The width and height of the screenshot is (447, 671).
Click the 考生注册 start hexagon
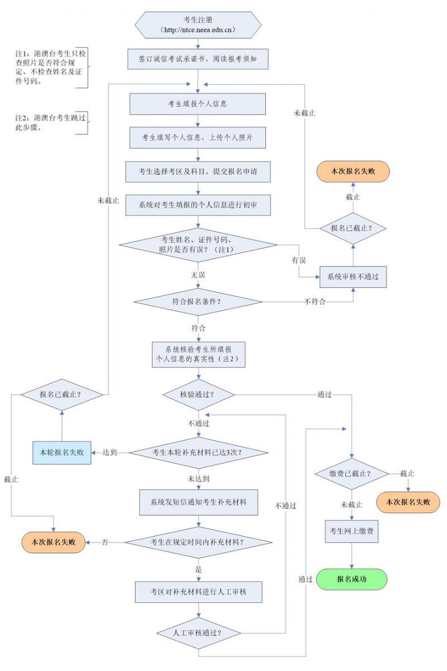[198, 25]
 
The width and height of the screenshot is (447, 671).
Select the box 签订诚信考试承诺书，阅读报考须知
[197, 58]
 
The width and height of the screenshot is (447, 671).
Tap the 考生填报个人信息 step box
[197, 104]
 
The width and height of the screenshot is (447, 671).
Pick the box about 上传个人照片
[197, 137]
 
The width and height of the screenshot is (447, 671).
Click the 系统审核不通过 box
[353, 277]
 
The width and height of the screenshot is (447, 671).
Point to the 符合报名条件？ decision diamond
[198, 302]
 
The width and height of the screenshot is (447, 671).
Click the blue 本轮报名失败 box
[61, 452]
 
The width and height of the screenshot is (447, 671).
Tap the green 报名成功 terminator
[352, 579]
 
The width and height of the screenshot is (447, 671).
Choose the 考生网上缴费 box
[352, 531]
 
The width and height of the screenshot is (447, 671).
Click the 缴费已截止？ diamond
[351, 474]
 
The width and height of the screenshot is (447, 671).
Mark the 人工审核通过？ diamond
[198, 633]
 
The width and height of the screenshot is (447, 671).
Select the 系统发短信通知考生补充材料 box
[198, 502]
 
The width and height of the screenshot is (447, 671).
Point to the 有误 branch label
[298, 260]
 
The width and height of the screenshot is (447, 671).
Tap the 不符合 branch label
[315, 302]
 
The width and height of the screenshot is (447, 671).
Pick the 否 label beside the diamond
[104, 542]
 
